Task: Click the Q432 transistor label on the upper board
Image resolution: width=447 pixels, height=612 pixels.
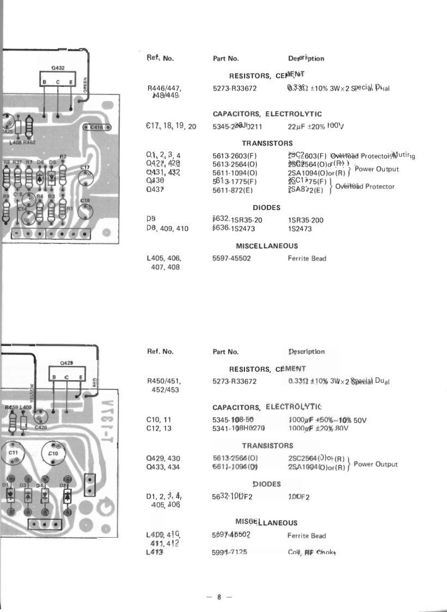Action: [58, 67]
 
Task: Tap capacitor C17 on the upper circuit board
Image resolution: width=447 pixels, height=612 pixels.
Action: [85, 176]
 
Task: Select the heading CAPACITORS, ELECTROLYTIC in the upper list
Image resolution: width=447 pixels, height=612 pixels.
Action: [267, 114]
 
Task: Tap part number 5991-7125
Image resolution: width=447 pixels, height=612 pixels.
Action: [229, 553]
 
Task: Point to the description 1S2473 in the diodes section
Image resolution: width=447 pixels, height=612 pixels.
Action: [299, 229]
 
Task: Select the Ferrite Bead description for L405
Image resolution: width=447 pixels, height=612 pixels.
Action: [307, 259]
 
